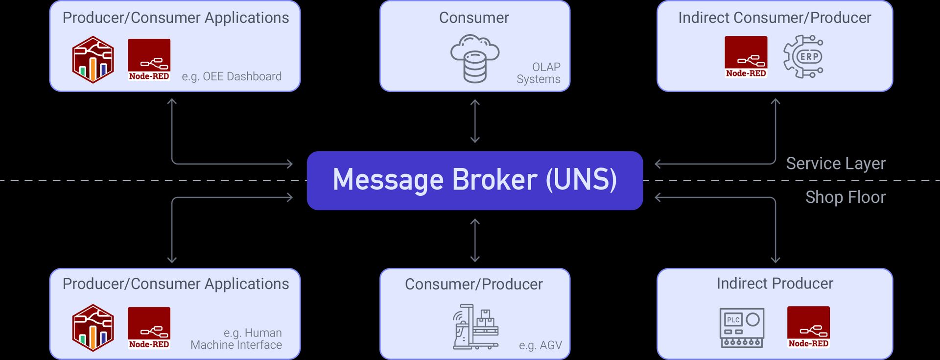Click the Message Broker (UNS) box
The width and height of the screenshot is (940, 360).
[x=474, y=180]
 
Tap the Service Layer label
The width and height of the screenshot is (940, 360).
[x=835, y=163]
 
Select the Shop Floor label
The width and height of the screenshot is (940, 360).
[x=845, y=197]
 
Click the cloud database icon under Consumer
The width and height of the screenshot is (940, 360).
[x=474, y=58]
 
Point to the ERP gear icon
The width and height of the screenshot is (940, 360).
[x=803, y=57]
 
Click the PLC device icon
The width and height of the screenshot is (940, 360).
[x=742, y=328]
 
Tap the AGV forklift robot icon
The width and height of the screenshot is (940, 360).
[x=475, y=327]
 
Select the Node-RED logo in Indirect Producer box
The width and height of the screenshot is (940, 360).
[x=808, y=327]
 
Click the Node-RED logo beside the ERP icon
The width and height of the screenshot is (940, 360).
[x=746, y=57]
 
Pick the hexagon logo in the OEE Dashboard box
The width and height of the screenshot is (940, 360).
[x=93, y=60]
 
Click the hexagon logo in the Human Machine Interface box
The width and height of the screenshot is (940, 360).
[x=93, y=328]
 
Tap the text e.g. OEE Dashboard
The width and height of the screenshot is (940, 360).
[x=232, y=76]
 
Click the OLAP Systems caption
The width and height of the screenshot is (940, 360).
[x=539, y=73]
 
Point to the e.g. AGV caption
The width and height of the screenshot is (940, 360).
[x=540, y=345]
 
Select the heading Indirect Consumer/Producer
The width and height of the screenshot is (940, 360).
[x=775, y=18]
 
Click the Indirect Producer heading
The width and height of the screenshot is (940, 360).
[x=775, y=283]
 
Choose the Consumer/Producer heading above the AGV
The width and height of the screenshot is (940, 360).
[x=473, y=284]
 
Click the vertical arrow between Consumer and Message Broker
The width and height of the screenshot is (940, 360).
[x=474, y=121]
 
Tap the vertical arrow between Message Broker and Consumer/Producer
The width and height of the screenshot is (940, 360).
[x=474, y=240]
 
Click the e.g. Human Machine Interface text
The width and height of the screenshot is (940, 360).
[x=236, y=339]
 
